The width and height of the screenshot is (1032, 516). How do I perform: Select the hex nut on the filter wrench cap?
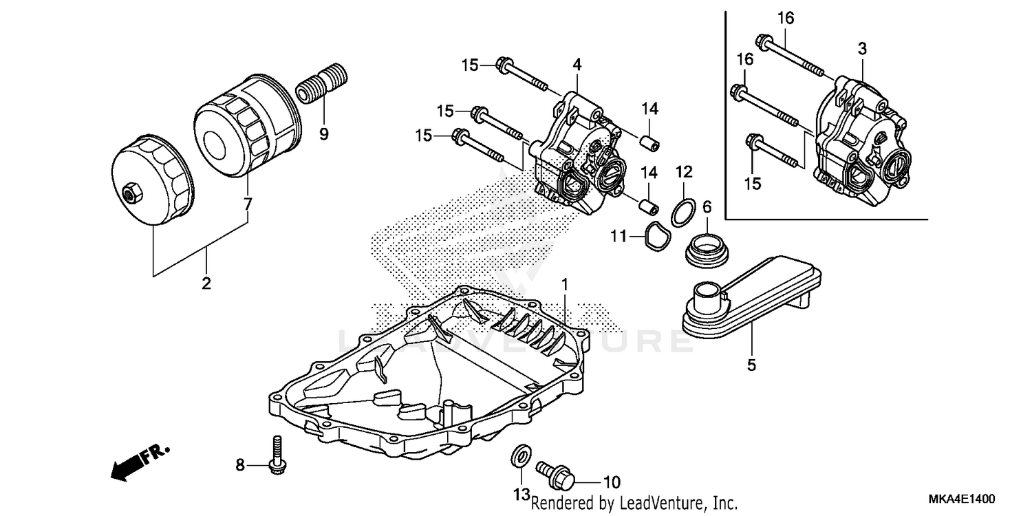[x=130, y=192]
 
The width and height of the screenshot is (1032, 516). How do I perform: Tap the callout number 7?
[x=248, y=203]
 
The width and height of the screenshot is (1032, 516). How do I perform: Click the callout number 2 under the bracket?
[x=206, y=283]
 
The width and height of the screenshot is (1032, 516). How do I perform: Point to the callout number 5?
[x=751, y=365]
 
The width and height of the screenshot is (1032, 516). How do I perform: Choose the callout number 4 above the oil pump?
[x=577, y=65]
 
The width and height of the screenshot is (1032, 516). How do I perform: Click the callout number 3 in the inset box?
[x=862, y=48]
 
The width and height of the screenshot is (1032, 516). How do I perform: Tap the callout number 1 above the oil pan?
[x=564, y=283]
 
